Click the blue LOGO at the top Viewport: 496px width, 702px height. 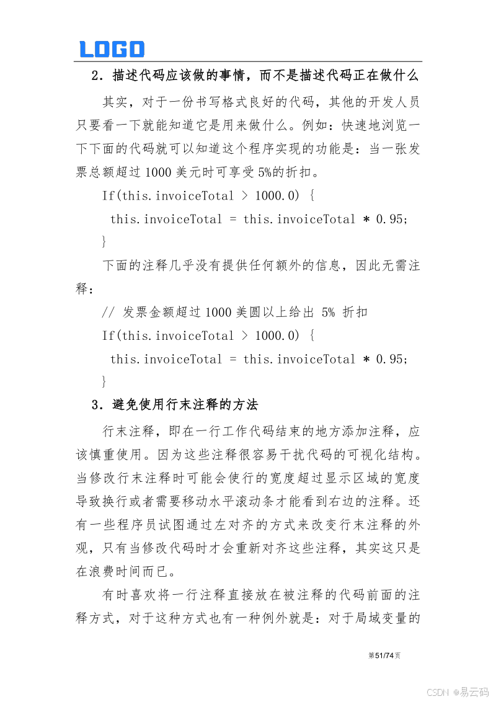coord(112,49)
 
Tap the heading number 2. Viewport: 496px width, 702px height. coord(95,76)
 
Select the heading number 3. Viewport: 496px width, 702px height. coord(95,406)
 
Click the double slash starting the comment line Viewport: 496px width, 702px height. coord(108,313)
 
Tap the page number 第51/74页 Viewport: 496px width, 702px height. coord(384,655)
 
